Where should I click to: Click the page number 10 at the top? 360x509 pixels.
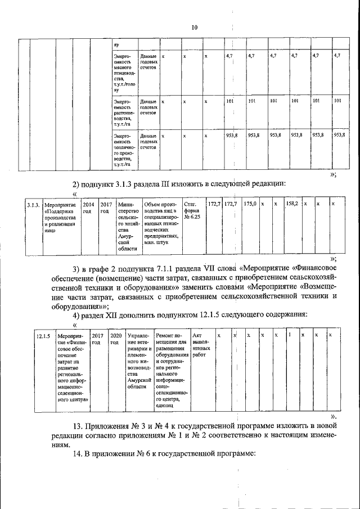click(x=195, y=27)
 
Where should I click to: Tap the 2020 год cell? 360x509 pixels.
click(x=115, y=338)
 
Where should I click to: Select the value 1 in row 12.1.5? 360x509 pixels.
click(x=289, y=335)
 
